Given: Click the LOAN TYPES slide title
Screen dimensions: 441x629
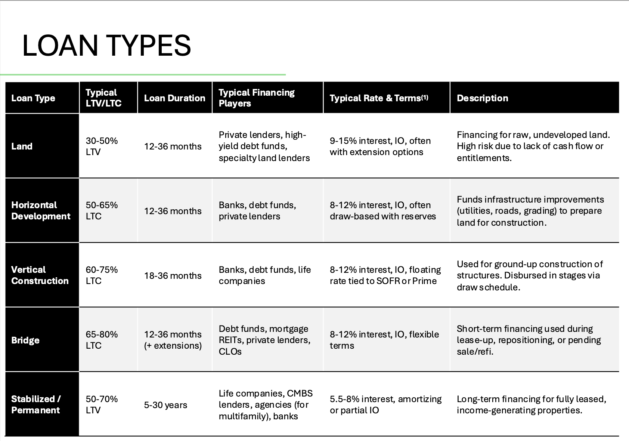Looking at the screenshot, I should click(x=106, y=46).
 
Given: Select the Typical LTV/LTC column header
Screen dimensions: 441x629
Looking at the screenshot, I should click(x=103, y=98).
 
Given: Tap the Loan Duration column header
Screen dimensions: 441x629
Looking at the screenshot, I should click(x=174, y=98).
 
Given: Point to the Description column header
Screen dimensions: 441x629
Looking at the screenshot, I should click(x=482, y=98).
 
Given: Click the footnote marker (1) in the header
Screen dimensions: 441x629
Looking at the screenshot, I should click(x=425, y=97).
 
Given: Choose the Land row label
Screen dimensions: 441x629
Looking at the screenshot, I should click(x=22, y=147).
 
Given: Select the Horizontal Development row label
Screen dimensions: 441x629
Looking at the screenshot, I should click(x=41, y=211).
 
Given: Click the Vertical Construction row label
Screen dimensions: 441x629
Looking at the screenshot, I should click(x=40, y=275).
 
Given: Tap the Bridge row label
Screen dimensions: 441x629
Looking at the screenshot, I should click(x=25, y=340).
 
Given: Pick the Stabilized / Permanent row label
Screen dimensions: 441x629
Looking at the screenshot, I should click(x=36, y=405).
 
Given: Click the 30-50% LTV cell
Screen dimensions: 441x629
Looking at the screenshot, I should click(x=102, y=147).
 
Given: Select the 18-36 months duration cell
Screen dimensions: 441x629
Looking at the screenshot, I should click(x=173, y=276).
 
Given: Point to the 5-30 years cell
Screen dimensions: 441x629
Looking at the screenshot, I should click(x=165, y=405).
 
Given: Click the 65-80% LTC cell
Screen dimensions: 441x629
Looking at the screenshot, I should click(x=102, y=340).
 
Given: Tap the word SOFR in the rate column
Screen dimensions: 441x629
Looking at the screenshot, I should click(x=388, y=281).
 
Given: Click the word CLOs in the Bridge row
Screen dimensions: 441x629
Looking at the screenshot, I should click(x=230, y=352).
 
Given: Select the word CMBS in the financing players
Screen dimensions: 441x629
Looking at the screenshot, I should click(x=300, y=394).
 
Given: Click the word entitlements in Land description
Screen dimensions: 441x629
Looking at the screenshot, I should click(x=483, y=158).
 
